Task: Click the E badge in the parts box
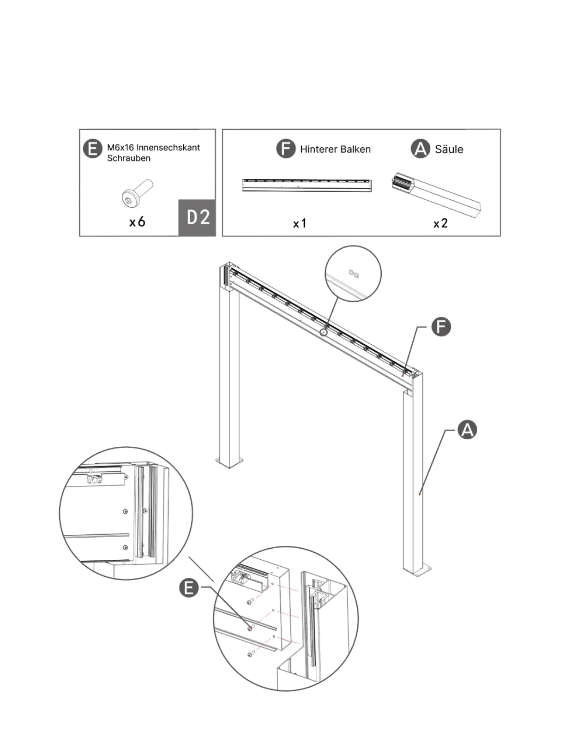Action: coord(92,150)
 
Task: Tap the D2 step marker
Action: coord(198,217)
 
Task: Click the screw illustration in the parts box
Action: coord(137,193)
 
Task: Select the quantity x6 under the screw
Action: coord(137,222)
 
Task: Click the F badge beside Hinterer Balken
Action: coord(286,149)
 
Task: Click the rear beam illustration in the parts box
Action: coord(307,185)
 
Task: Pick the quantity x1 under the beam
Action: coord(300,223)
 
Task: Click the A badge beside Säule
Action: coord(420,149)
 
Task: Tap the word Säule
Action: coord(449,149)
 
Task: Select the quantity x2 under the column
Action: coord(440,223)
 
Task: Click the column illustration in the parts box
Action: coord(436,194)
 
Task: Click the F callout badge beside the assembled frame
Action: coord(441,327)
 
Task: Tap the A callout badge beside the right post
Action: coord(467,430)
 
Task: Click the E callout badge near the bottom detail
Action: coord(189,588)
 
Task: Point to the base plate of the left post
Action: coord(229,462)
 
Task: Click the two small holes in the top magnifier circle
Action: coord(354,274)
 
